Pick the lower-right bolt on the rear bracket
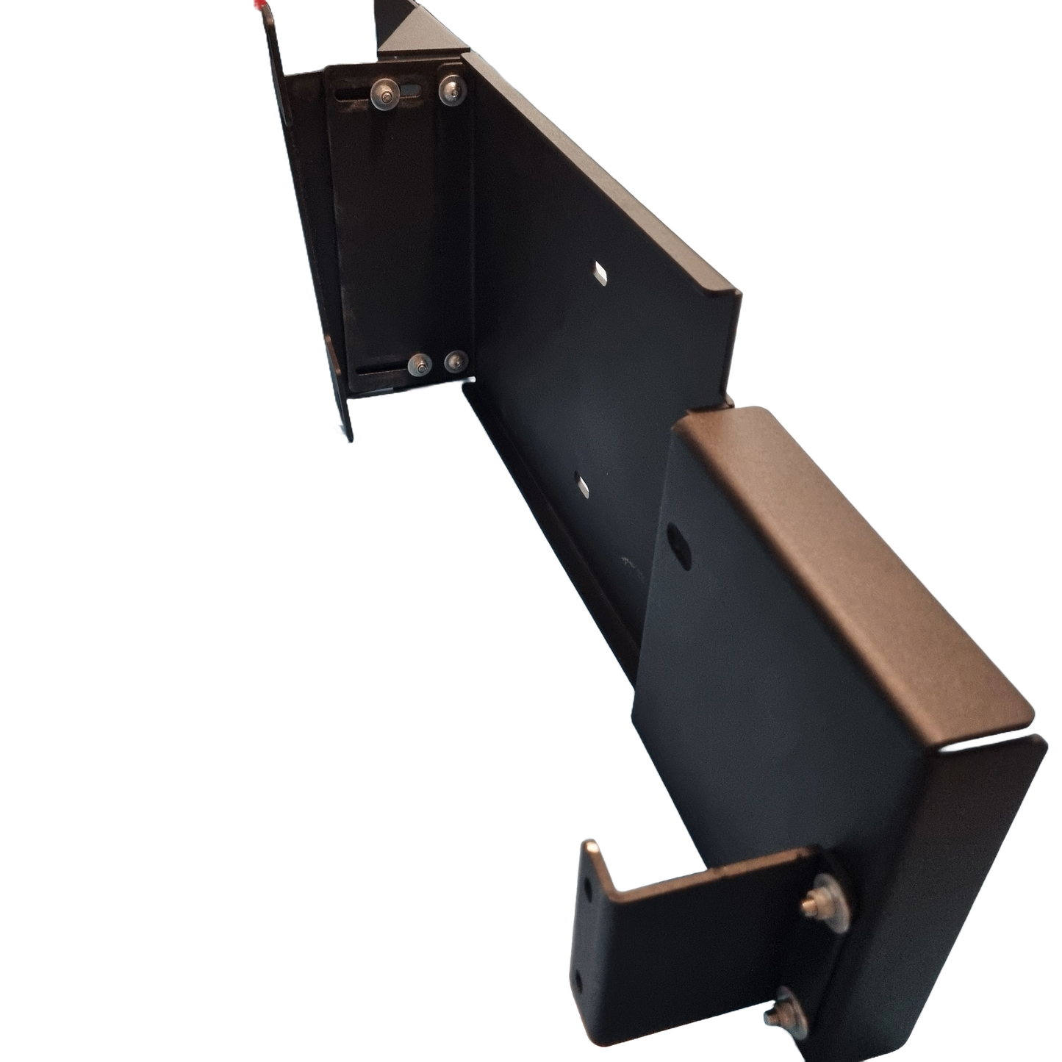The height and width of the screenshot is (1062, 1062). (456, 361)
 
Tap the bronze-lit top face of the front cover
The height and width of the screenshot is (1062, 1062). (845, 559)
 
